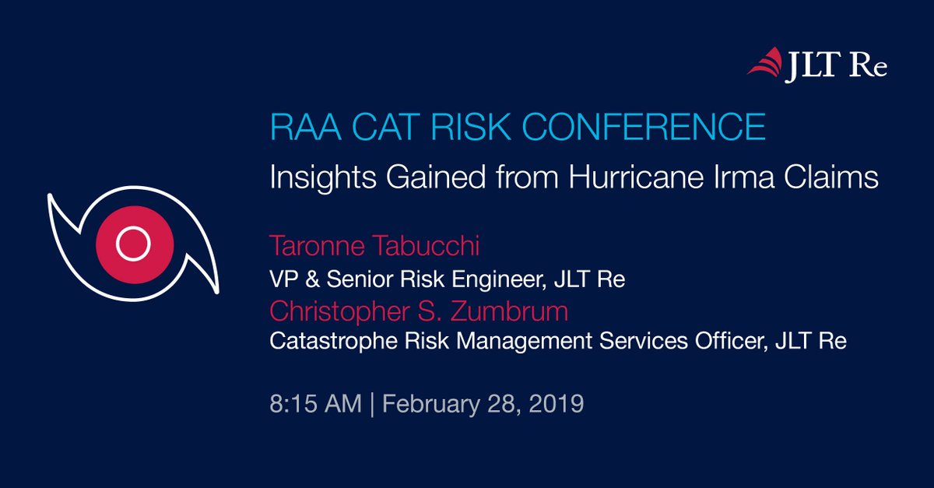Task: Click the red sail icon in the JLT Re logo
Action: click(765, 62)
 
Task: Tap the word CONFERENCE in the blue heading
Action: click(644, 126)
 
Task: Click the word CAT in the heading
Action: click(386, 126)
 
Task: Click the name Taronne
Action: click(317, 246)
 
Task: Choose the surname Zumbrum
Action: click(509, 311)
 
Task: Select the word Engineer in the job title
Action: click(499, 279)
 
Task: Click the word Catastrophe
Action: click(334, 341)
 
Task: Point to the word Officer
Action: click(731, 341)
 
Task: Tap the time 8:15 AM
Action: click(316, 404)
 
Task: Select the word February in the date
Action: click(431, 405)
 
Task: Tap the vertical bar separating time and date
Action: click(372, 404)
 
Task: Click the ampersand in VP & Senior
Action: click(312, 279)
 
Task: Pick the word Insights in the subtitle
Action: click(323, 177)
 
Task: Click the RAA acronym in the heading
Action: click(306, 126)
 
